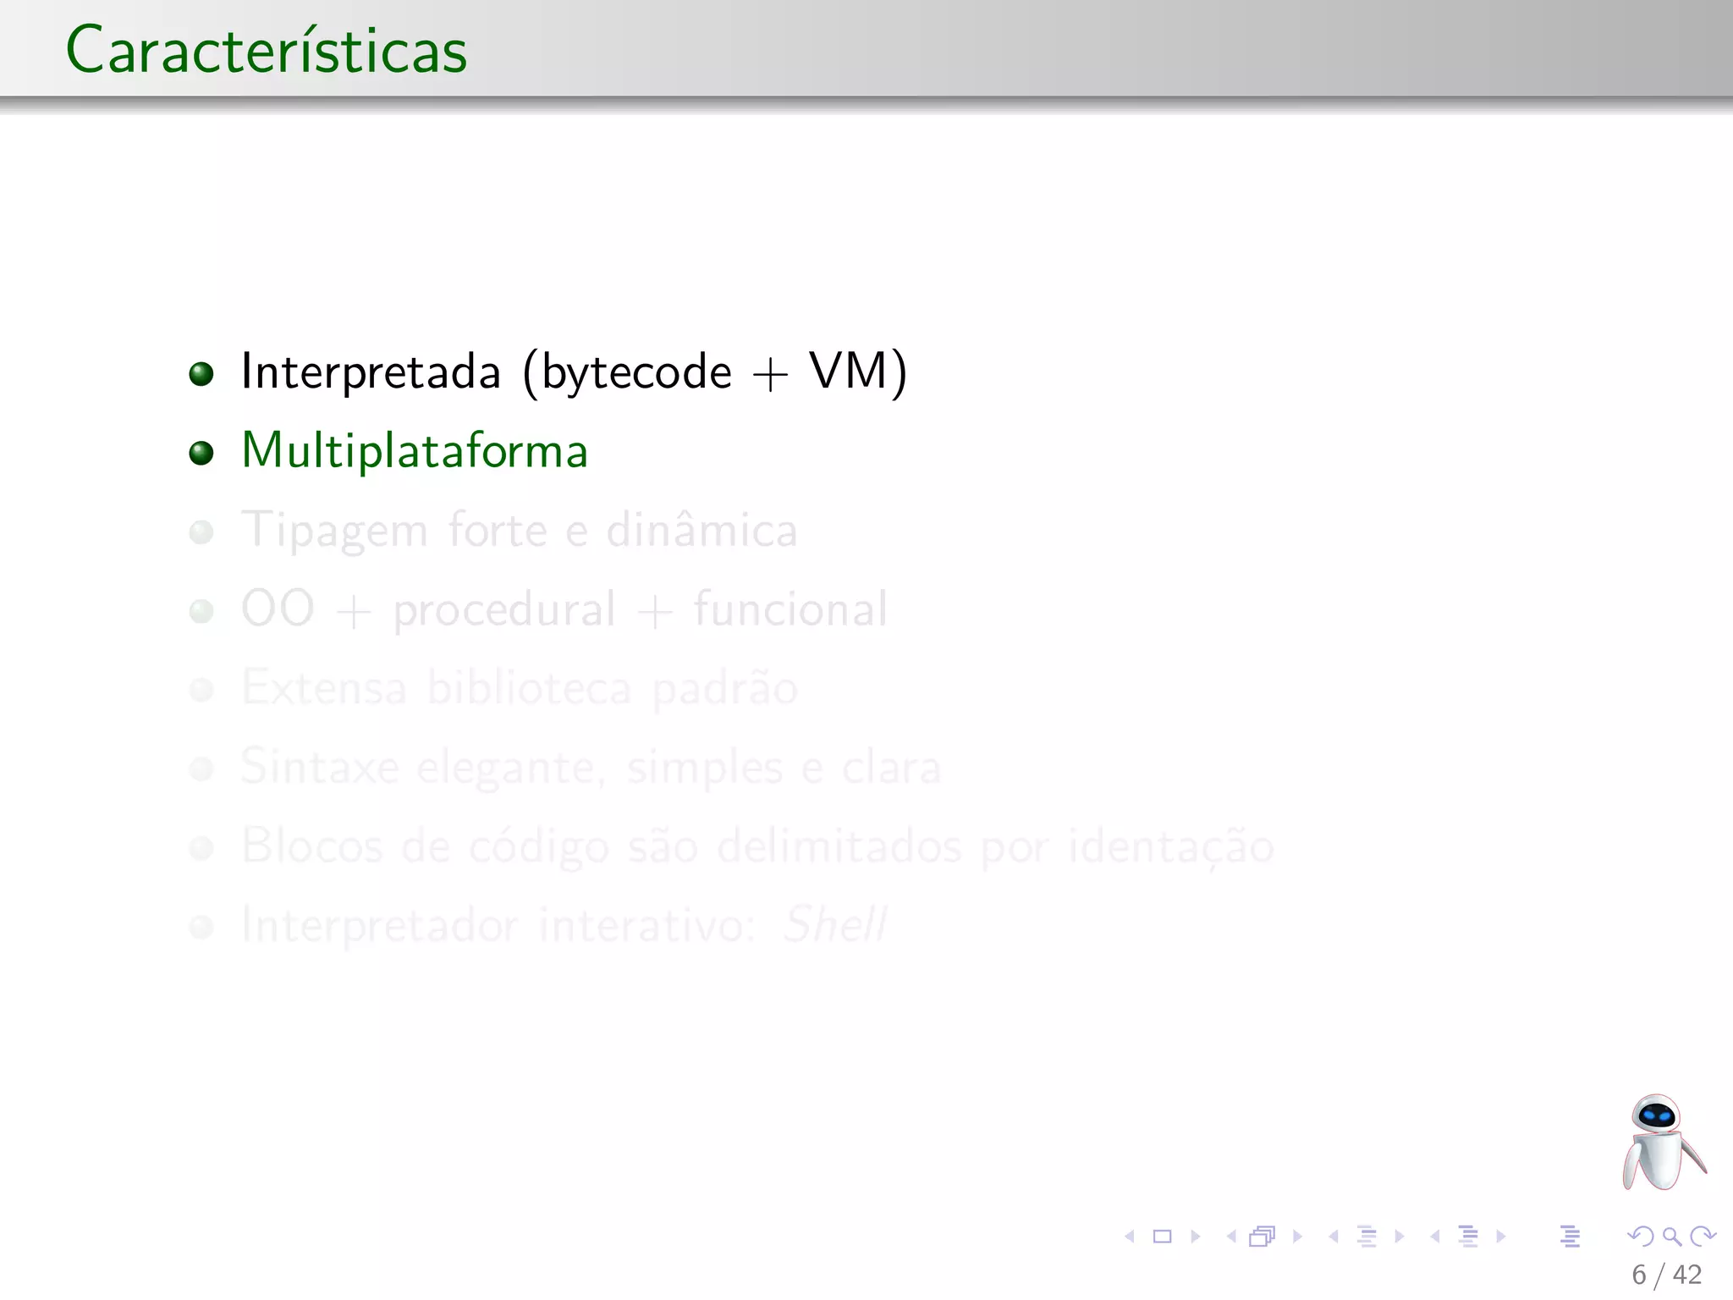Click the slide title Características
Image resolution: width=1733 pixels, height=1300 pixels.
pyautogui.click(x=266, y=51)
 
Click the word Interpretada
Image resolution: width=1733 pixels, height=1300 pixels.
pyautogui.click(x=371, y=372)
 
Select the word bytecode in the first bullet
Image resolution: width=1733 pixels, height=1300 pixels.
pyautogui.click(x=636, y=372)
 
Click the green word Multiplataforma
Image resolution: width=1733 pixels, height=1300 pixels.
pyautogui.click(x=414, y=451)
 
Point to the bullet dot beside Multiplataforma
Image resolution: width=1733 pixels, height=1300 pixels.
pyautogui.click(x=201, y=453)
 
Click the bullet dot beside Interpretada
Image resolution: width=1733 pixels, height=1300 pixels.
pyautogui.click(x=201, y=373)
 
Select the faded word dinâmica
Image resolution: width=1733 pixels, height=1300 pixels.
pyautogui.click(x=701, y=530)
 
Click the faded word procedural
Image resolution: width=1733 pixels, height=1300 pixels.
pyautogui.click(x=504, y=610)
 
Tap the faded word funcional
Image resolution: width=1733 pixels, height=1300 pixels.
pyautogui.click(x=790, y=609)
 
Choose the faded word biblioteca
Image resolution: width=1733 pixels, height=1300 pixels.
pyautogui.click(x=529, y=687)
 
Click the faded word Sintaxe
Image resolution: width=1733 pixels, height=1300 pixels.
pyautogui.click(x=319, y=767)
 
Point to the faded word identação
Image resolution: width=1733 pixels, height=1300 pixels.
pyautogui.click(x=1170, y=846)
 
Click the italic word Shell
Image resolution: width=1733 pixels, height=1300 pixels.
pyautogui.click(x=834, y=924)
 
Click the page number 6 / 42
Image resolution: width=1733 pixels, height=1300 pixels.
pyautogui.click(x=1666, y=1275)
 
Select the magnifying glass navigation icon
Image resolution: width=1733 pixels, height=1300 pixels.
pyautogui.click(x=1671, y=1237)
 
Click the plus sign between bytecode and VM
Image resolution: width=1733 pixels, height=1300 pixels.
pyautogui.click(x=770, y=375)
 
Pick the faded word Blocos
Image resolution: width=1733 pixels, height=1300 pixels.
pyautogui.click(x=311, y=846)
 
